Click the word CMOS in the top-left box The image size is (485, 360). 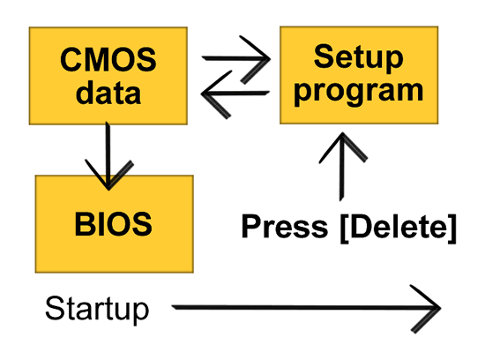[108, 59]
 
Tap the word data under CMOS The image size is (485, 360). [108, 93]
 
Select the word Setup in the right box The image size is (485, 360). [359, 57]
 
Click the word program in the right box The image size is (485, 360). [359, 92]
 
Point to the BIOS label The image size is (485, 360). [113, 224]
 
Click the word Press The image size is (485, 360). [284, 226]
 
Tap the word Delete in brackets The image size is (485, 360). [399, 226]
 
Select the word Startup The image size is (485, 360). [97, 309]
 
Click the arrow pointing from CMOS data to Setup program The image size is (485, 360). [236, 58]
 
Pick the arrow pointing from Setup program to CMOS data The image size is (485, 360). [235, 93]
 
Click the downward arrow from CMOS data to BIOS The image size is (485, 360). [108, 155]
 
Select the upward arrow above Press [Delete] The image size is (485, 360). [342, 167]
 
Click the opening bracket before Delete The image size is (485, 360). [345, 229]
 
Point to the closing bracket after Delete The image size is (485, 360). [452, 229]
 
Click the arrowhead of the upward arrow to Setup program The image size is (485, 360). [343, 147]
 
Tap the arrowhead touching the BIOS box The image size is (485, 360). [108, 175]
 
